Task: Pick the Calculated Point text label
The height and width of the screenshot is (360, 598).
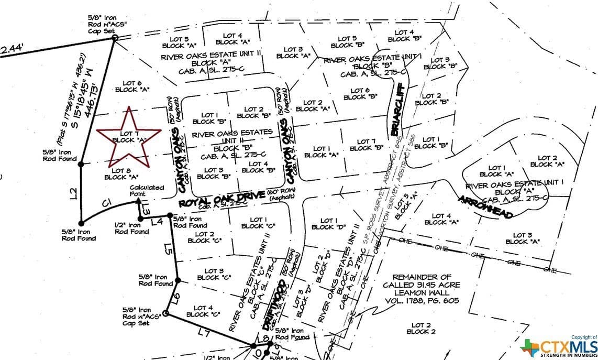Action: [x=147, y=191]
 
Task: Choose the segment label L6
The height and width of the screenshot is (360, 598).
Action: [x=176, y=299]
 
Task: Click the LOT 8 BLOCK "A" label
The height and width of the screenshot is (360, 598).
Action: [x=121, y=173]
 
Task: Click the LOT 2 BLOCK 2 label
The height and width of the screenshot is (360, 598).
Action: [x=420, y=329]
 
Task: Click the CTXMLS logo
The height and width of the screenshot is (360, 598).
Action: [x=558, y=347]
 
